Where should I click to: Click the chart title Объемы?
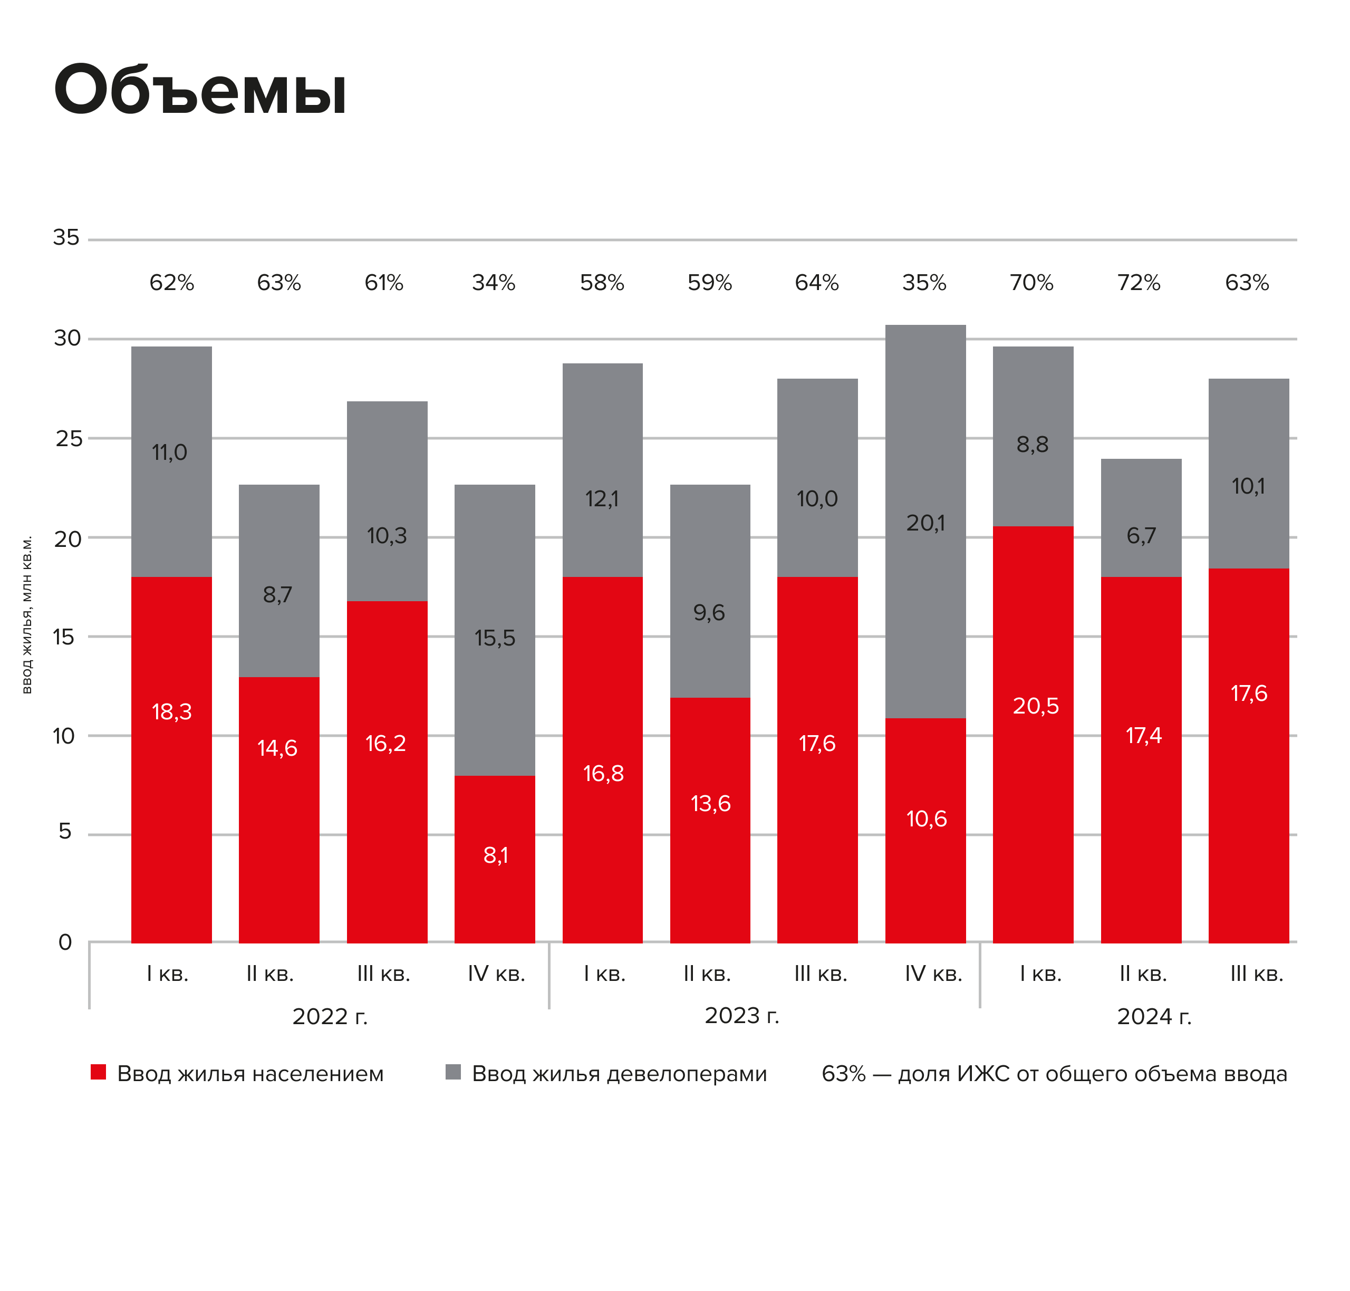[x=199, y=90]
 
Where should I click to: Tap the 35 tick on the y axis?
[x=66, y=237]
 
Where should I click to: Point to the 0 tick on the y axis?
[x=65, y=942]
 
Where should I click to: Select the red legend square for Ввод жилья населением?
[x=99, y=1072]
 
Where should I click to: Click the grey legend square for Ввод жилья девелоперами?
[x=453, y=1072]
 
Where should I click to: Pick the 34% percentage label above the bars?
[x=494, y=283]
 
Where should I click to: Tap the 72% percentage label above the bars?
[x=1139, y=283]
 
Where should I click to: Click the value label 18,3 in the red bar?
[x=171, y=711]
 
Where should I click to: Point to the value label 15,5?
[x=494, y=638]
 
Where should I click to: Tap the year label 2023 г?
[x=742, y=1015]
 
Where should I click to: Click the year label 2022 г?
[x=330, y=1016]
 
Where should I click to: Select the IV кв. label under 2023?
[x=933, y=974]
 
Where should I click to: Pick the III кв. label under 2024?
[x=1257, y=974]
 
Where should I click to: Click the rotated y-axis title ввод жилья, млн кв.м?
[x=27, y=614]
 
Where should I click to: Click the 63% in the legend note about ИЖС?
[x=844, y=1074]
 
